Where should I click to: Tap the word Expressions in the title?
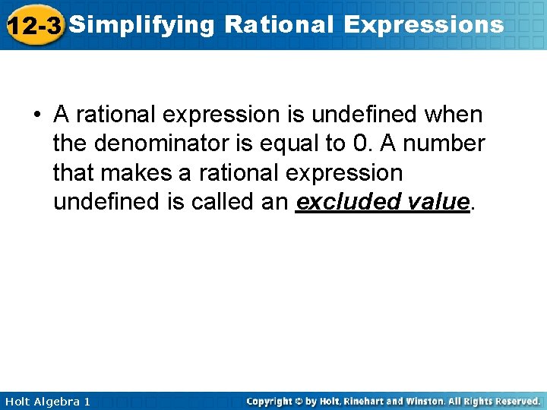pyautogui.click(x=423, y=25)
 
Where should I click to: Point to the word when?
pyautogui.click(x=453, y=115)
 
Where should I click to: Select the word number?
pyautogui.click(x=446, y=143)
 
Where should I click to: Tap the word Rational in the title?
pyautogui.click(x=279, y=25)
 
